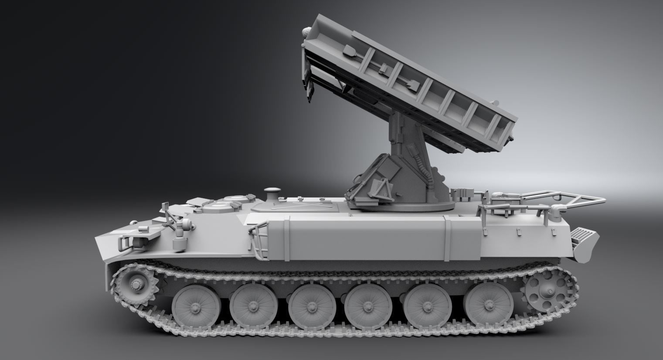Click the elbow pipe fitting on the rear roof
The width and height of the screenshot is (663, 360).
pos(557,209)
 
